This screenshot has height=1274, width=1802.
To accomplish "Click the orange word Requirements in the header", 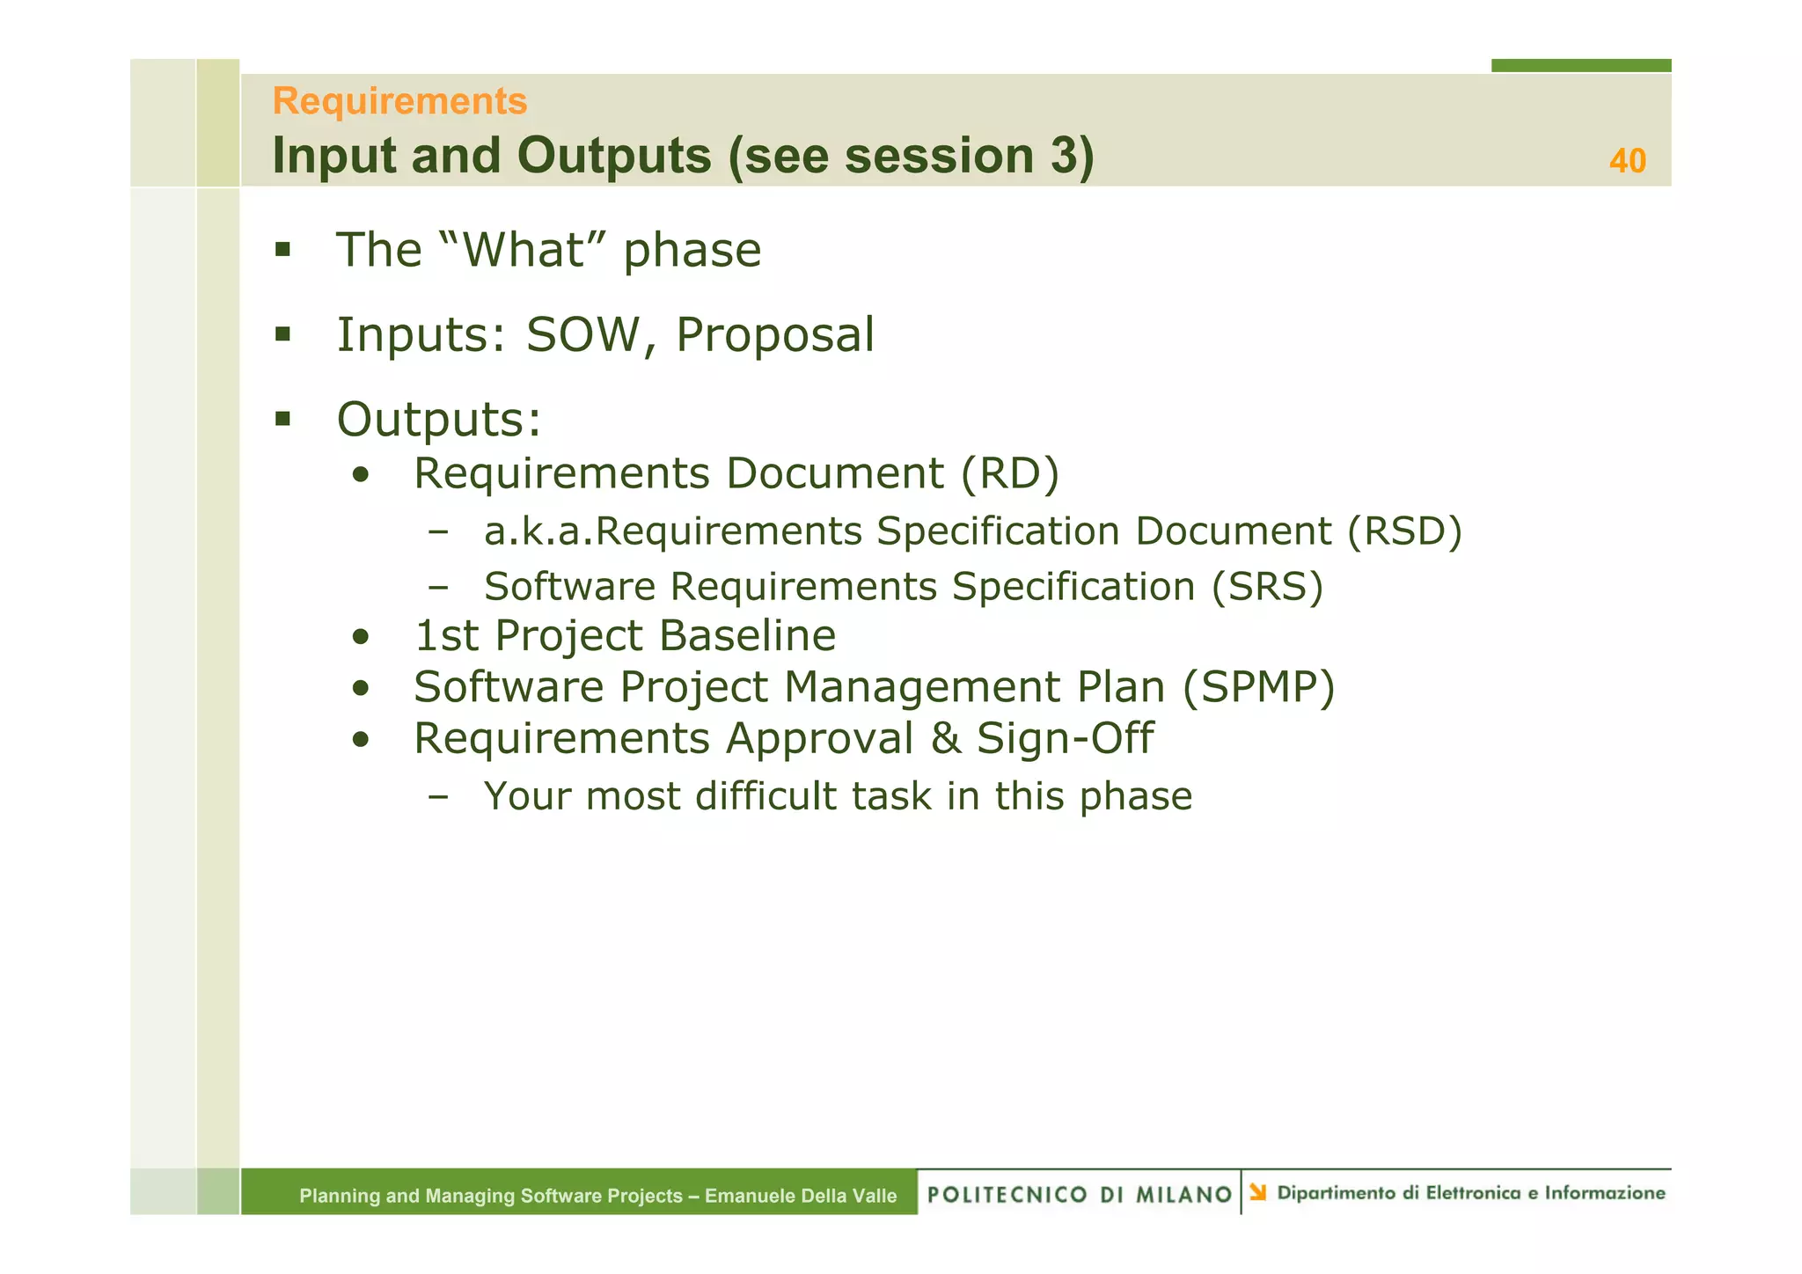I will [399, 102].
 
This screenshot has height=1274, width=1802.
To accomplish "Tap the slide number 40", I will [1627, 162].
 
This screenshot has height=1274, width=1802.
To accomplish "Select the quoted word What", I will [524, 251].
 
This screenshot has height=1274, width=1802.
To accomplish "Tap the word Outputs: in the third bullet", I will [438, 420].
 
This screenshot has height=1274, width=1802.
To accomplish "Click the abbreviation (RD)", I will [1009, 474].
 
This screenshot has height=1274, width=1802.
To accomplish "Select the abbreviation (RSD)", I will [1404, 531].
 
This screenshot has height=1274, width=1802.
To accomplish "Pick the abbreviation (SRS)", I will [1267, 588].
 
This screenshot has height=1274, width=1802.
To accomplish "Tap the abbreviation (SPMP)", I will [1258, 688].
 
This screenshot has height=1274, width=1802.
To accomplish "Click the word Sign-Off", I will [1065, 739].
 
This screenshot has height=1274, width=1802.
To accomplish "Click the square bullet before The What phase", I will [282, 250].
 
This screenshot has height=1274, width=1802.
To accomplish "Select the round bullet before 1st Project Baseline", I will [360, 637].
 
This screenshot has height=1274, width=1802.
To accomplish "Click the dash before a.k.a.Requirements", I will [437, 531].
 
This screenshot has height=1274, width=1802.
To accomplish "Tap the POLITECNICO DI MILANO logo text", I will [1079, 1195].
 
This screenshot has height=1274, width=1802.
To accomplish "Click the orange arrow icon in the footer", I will [1258, 1193].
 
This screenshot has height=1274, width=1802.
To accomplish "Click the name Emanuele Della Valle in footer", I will [800, 1197].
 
